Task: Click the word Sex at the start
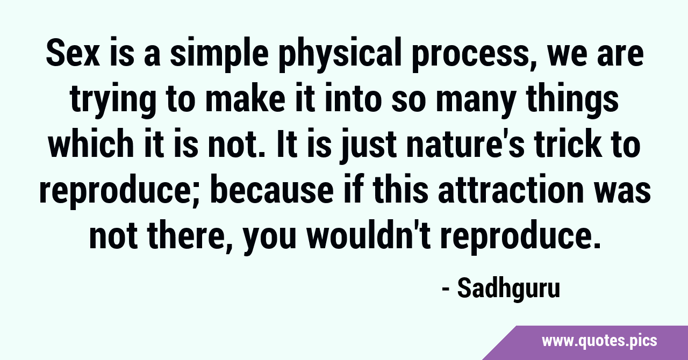(x=73, y=55)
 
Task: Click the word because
(x=272, y=190)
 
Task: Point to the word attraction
(x=511, y=190)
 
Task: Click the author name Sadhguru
(x=508, y=289)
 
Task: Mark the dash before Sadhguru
(x=446, y=291)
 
